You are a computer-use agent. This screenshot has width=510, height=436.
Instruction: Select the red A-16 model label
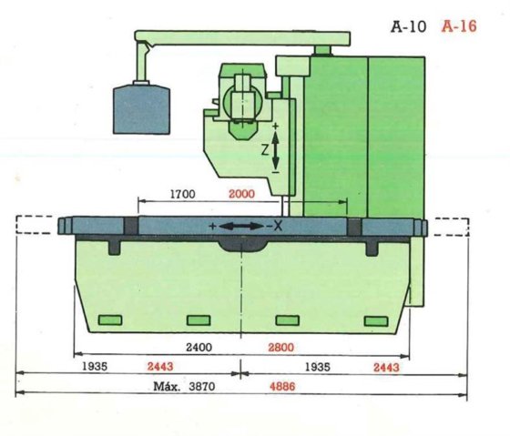tap(460, 26)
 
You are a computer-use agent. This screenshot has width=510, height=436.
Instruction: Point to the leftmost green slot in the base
tap(110, 319)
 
